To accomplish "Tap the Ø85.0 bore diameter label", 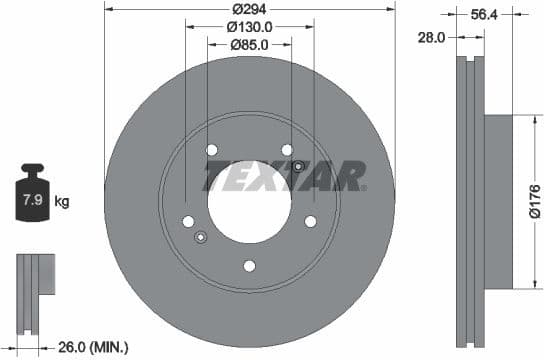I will (x=250, y=44).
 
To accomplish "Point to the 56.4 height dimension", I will (x=485, y=14).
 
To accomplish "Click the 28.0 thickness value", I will (x=431, y=37).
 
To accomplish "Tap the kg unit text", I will (x=62, y=202).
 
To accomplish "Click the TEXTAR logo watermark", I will (x=285, y=176).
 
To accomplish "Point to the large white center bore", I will (x=250, y=200).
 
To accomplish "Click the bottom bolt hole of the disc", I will (x=250, y=265).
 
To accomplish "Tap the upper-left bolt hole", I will (x=212, y=150).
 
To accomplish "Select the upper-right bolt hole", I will (x=287, y=150).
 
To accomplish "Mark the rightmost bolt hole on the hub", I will (x=310, y=221).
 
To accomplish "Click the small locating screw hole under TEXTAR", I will (x=298, y=165).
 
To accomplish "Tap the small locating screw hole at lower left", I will (x=201, y=237).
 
